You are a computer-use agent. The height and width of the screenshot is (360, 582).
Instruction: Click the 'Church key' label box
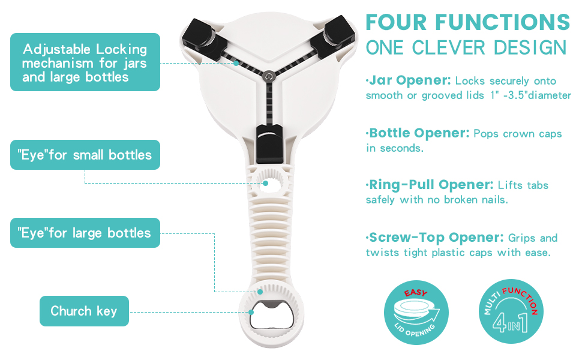84,311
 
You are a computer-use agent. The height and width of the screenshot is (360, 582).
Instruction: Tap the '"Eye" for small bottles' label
85,155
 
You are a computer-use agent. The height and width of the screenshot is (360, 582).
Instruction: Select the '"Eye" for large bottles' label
85,233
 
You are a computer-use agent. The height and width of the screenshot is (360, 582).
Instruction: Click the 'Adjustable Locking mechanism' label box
85,62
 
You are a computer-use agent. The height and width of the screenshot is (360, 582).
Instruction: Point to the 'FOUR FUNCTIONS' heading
467,22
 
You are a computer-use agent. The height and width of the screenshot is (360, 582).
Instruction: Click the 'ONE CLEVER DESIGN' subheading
466,48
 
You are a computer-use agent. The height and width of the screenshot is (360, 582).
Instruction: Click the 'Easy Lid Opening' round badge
416,312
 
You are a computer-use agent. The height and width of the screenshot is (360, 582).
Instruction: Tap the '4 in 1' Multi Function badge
511,311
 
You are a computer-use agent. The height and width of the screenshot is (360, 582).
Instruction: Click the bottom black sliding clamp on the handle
270,144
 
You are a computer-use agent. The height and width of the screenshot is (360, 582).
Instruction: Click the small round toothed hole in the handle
271,181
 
